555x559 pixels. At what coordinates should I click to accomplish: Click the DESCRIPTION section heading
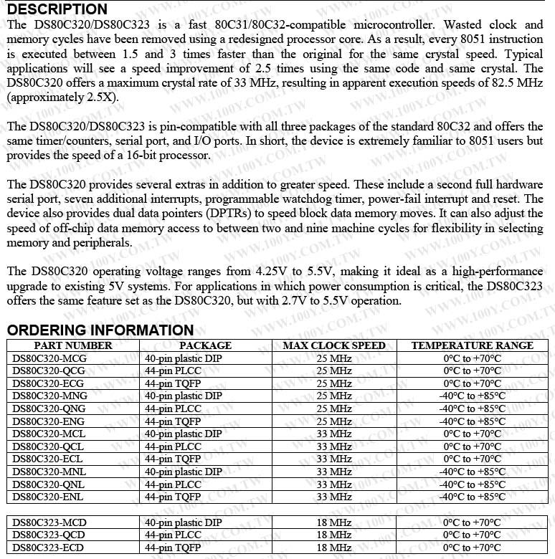[x=57, y=9]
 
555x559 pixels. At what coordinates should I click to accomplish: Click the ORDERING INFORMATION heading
[x=100, y=330]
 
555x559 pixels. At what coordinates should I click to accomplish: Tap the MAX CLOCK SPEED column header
[x=334, y=345]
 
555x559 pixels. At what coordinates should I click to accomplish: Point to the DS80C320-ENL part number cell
[x=48, y=497]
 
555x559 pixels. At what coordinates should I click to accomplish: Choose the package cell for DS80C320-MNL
[x=184, y=472]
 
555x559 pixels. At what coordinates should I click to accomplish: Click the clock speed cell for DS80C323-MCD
[x=334, y=522]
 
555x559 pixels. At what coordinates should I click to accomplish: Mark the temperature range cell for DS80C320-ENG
[x=472, y=421]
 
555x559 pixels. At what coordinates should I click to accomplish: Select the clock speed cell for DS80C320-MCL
[x=334, y=434]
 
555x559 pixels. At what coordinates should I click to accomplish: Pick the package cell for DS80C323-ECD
[x=173, y=548]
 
